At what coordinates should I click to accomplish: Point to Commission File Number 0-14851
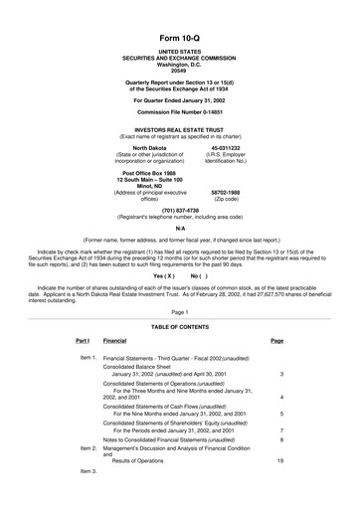click(179, 111)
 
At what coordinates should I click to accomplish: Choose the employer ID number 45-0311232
click(226, 147)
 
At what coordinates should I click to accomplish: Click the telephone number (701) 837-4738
click(179, 210)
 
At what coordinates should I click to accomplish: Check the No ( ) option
click(200, 274)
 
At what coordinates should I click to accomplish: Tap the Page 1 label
click(179, 312)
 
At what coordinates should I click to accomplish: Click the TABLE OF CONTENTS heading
click(179, 326)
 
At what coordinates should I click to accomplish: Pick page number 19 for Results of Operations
click(280, 461)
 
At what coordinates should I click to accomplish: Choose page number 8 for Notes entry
click(281, 438)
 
